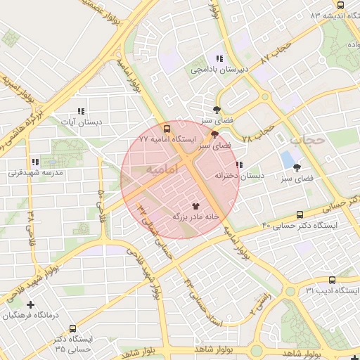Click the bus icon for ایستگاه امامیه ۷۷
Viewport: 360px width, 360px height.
click(x=167, y=129)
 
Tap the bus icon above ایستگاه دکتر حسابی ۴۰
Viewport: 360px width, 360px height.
click(x=300, y=214)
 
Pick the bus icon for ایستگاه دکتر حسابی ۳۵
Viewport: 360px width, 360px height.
click(x=73, y=328)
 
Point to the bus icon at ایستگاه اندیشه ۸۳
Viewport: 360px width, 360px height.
click(x=341, y=5)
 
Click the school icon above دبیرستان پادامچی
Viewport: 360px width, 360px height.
click(x=220, y=59)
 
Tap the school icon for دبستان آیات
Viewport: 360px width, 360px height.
click(x=81, y=111)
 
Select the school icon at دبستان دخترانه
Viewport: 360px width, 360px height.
click(x=239, y=165)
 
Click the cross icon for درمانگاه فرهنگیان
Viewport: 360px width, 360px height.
click(x=30, y=304)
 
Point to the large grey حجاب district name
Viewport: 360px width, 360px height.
click(x=308, y=140)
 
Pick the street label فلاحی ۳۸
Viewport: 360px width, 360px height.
click(x=30, y=223)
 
